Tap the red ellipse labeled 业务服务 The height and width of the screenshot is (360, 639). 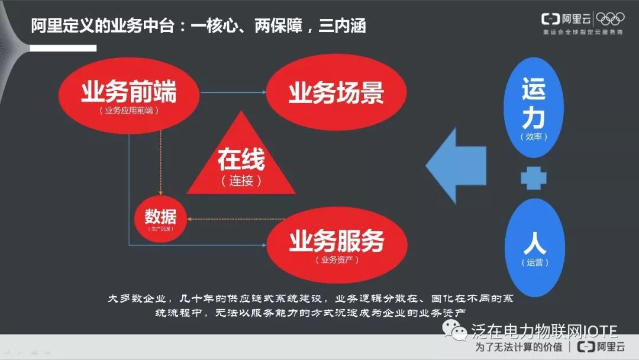[337, 243]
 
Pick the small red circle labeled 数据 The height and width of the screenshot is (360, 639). [160, 217]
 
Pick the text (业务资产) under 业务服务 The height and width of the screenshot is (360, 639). [337, 259]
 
